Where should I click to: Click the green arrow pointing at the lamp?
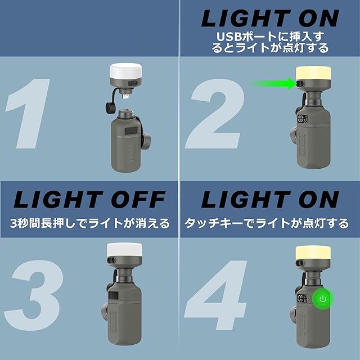(274, 83)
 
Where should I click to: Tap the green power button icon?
(322, 299)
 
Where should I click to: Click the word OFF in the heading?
(138, 199)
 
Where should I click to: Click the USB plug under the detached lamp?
(125, 96)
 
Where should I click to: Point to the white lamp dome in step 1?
(125, 70)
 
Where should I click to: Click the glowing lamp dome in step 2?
(313, 74)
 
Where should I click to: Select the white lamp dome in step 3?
(124, 250)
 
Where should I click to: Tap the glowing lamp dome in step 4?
(313, 253)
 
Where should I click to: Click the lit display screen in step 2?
(303, 119)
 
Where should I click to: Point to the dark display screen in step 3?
(114, 295)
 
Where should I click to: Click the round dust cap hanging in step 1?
(111, 107)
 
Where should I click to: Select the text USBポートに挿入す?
(270, 37)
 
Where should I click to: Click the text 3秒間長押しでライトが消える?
(90, 223)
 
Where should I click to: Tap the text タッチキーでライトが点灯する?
(267, 223)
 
